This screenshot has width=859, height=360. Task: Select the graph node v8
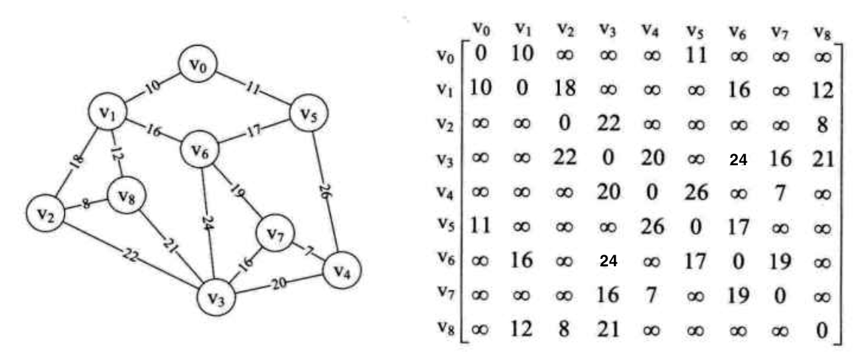[128, 197]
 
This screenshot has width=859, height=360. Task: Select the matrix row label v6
[441, 260]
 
